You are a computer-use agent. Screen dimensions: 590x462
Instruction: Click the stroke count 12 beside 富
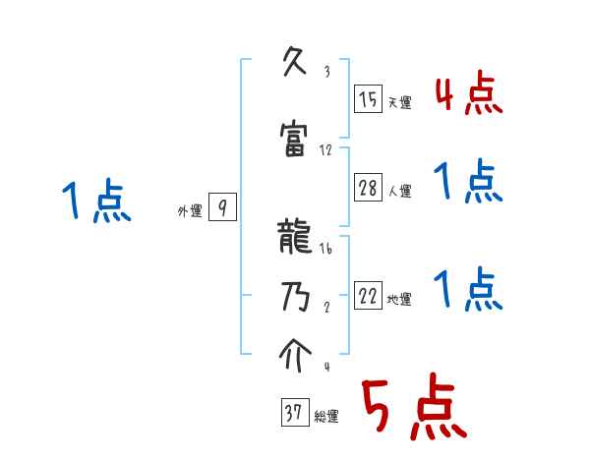click(x=325, y=150)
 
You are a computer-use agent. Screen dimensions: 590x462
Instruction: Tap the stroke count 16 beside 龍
click(x=325, y=251)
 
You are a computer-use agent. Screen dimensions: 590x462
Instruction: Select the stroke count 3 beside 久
click(x=325, y=72)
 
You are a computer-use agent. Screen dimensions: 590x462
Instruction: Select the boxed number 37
click(x=293, y=413)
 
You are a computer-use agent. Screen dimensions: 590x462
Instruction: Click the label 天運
click(x=398, y=102)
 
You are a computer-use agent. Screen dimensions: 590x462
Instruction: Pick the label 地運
click(x=398, y=300)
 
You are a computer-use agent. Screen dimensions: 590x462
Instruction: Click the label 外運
click(x=189, y=211)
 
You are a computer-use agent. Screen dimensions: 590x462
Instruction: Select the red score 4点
click(x=468, y=95)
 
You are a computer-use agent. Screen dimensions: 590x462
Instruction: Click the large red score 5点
click(x=412, y=409)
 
